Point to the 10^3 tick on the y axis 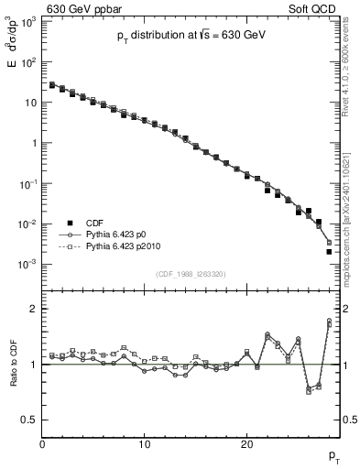pyautogui.click(x=29, y=22)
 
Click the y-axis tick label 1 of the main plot pyautogui.click(x=35, y=143)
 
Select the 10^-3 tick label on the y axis pyautogui.click(x=29, y=264)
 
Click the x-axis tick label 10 pyautogui.click(x=144, y=445)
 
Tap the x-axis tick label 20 pyautogui.click(x=246, y=445)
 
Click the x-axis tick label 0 pyautogui.click(x=42, y=445)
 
